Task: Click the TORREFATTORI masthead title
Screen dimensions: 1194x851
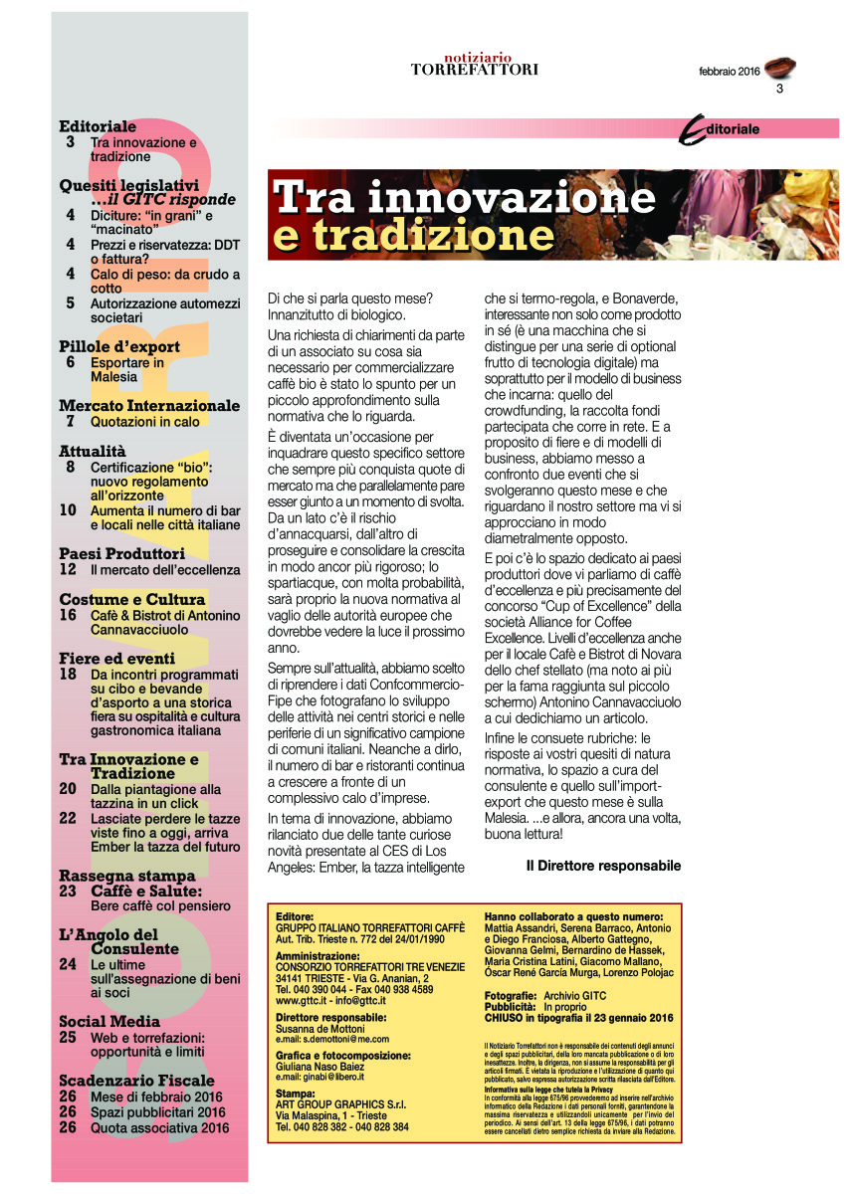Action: pos(475,70)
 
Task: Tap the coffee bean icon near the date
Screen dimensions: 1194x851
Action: pos(780,69)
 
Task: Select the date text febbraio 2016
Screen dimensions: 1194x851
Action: pos(729,72)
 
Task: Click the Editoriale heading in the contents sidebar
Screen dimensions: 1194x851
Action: pos(98,127)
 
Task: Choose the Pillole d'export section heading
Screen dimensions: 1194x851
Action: pos(119,346)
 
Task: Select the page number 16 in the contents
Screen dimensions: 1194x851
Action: pos(68,616)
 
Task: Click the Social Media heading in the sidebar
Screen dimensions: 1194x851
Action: pos(109,1021)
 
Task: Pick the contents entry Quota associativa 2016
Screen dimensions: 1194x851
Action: pos(159,1127)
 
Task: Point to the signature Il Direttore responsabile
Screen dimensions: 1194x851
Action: pos(603,866)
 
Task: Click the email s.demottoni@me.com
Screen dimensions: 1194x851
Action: pos(332,1039)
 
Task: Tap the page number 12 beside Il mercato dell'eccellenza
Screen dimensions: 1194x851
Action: pos(68,570)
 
